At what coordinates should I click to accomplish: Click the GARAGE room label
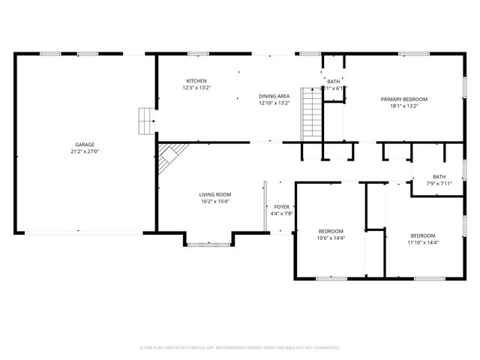(84, 144)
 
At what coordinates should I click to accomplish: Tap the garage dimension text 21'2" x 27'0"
(84, 151)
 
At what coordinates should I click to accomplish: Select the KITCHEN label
(196, 81)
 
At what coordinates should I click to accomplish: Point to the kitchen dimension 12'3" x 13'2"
(196, 88)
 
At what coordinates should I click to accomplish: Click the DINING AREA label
(274, 96)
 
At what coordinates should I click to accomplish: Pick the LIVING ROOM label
(214, 193)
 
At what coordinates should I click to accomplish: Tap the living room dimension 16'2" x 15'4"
(214, 200)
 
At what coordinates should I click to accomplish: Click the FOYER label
(281, 206)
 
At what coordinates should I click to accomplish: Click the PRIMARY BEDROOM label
(403, 99)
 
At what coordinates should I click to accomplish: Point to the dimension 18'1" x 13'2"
(403, 106)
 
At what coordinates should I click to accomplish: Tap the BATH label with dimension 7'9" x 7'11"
(438, 176)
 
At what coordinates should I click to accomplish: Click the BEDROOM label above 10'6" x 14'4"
(331, 231)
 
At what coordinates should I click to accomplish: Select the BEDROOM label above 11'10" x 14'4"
(422, 235)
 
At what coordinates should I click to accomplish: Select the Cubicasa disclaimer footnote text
(240, 347)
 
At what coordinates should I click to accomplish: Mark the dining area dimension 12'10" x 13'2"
(274, 103)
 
